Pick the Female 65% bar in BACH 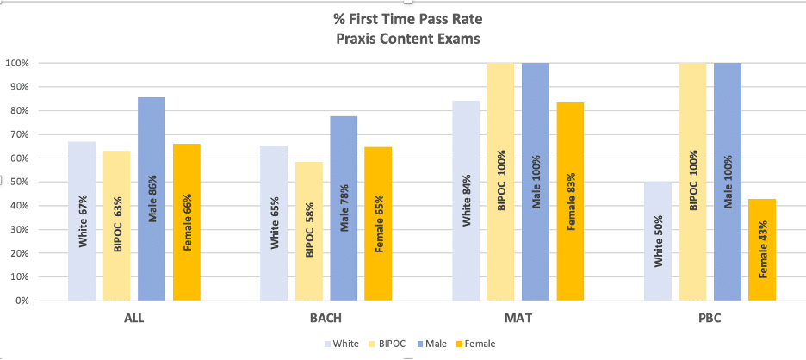[378, 224]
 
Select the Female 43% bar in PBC [761, 250]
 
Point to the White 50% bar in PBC [658, 241]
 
